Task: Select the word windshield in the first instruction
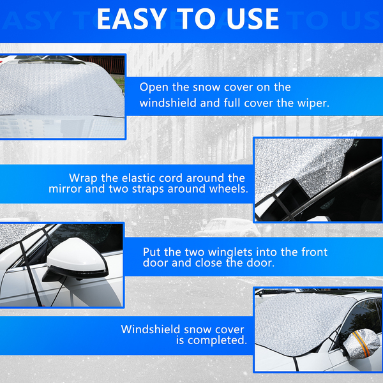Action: [168, 103]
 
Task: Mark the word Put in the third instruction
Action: [152, 252]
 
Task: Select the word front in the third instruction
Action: [314, 252]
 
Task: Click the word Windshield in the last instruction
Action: [151, 329]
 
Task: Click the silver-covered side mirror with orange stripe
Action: [361, 345]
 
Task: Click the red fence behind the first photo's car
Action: [103, 64]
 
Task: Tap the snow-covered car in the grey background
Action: [227, 228]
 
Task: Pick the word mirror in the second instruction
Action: [64, 189]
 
